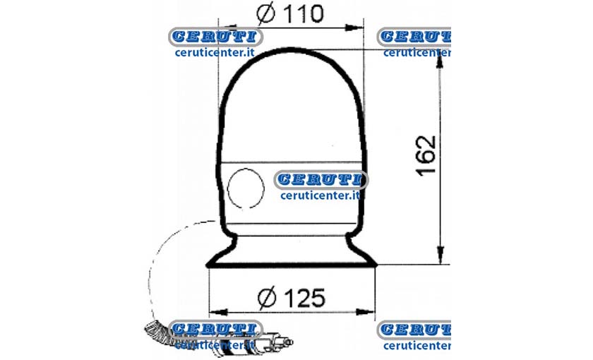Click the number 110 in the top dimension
click(304, 13)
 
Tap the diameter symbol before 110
click(265, 13)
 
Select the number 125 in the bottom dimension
click(304, 298)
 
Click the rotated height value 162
click(426, 155)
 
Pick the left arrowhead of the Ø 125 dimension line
click(219, 312)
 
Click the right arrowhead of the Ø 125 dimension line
click(365, 312)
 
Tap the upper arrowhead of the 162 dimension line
click(439, 59)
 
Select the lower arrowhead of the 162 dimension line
click(441, 255)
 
